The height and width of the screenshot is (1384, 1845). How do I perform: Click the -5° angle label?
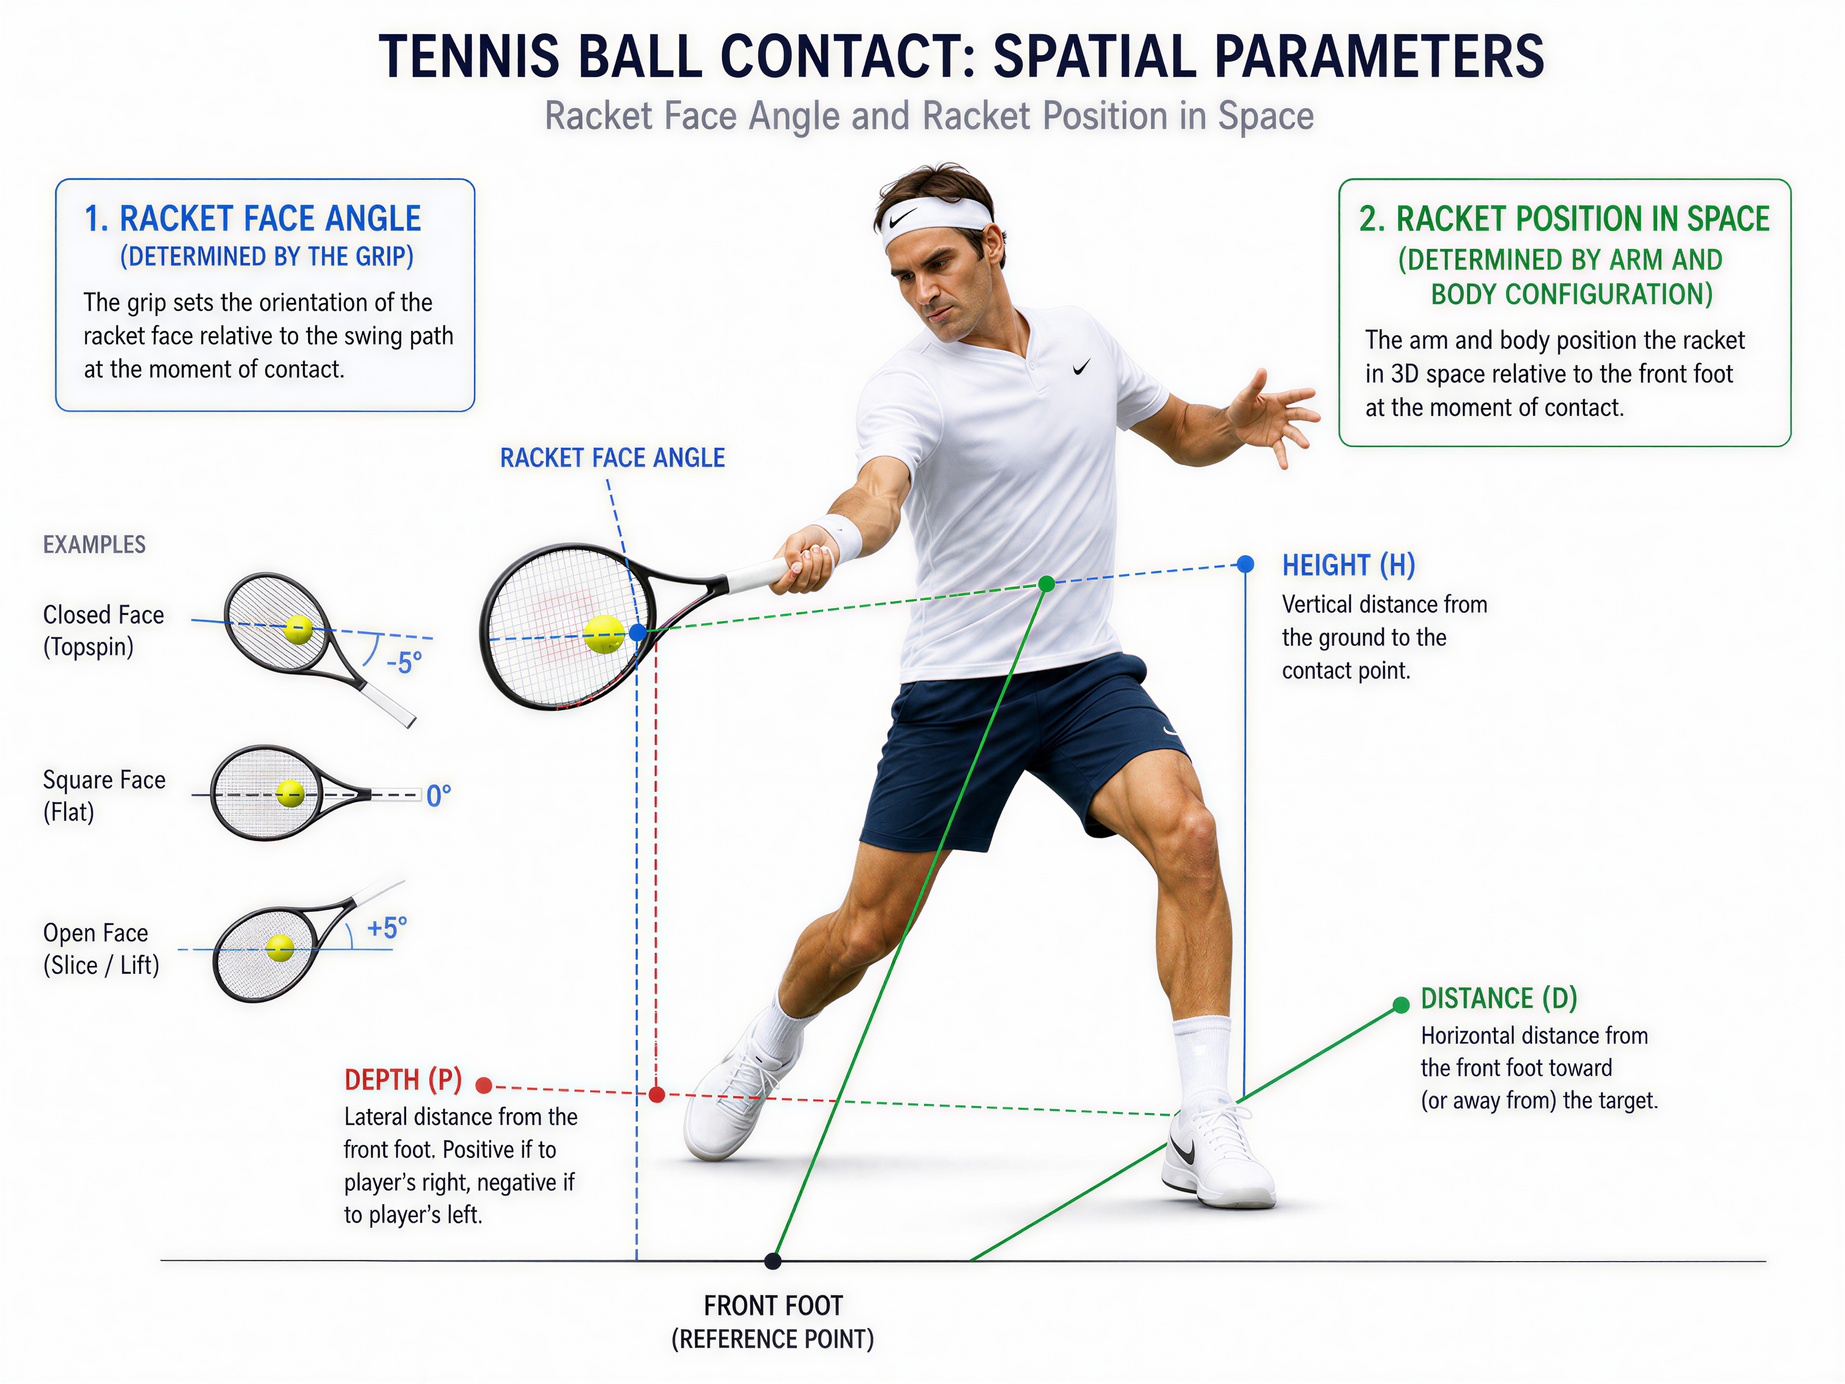(404, 663)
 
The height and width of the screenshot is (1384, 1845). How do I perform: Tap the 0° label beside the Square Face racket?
(439, 796)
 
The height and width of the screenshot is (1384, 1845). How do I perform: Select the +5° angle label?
(387, 927)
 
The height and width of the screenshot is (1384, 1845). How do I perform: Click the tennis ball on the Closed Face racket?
(298, 630)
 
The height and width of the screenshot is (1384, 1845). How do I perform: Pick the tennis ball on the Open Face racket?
(280, 948)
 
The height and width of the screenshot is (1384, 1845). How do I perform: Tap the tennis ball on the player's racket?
(604, 635)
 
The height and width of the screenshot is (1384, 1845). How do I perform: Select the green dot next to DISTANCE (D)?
(1401, 1005)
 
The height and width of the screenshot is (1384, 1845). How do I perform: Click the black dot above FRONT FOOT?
(773, 1261)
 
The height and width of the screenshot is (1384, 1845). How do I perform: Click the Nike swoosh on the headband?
(903, 219)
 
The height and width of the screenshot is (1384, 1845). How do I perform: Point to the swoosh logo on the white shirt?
(1082, 367)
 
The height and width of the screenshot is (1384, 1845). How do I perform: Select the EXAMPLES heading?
(94, 545)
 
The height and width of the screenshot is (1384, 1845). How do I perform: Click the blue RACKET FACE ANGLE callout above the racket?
(612, 458)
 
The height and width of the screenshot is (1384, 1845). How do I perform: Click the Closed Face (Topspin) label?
(103, 631)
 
